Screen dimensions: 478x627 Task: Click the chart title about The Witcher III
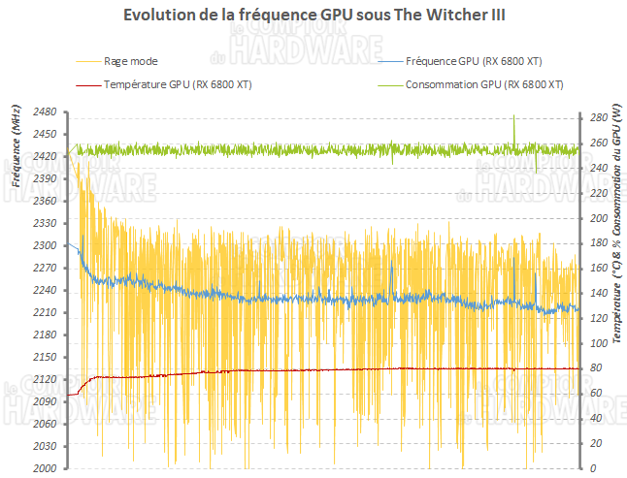click(313, 16)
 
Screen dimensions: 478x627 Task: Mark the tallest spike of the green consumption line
click(513, 115)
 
